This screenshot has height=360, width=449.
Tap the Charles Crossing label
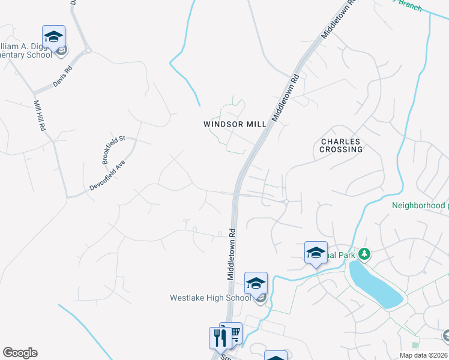pyautogui.click(x=341, y=145)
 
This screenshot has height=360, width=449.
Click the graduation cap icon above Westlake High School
pyautogui.click(x=256, y=283)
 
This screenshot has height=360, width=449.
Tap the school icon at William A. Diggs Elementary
pyautogui.click(x=53, y=37)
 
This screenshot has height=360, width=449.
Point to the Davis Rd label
pyautogui.click(x=62, y=77)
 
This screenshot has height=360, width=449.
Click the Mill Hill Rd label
pyautogui.click(x=40, y=116)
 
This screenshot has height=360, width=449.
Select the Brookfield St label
pyautogui.click(x=113, y=150)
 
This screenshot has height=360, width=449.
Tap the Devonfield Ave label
pyautogui.click(x=107, y=176)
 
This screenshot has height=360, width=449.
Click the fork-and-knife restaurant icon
pyautogui.click(x=218, y=338)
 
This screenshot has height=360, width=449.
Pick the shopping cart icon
pyautogui.click(x=232, y=333)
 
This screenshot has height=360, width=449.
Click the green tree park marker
pyautogui.click(x=363, y=254)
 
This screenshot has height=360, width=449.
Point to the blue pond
pyautogui.click(x=375, y=284)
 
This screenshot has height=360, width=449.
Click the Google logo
pyautogui.click(x=20, y=353)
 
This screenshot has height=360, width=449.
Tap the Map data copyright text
pyautogui.click(x=424, y=355)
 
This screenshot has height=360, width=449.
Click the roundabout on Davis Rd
pyautogui.click(x=88, y=51)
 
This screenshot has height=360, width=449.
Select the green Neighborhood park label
pyautogui.click(x=420, y=205)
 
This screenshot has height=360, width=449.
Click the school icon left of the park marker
pyautogui.click(x=316, y=253)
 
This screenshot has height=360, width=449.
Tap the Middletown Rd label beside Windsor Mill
pyautogui.click(x=285, y=98)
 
